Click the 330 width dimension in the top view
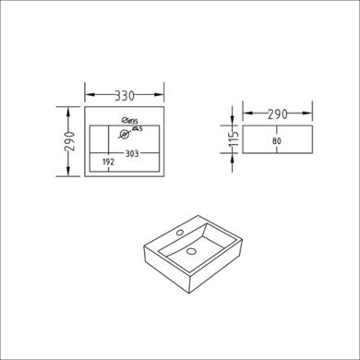[x=125, y=93]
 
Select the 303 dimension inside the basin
[x=132, y=154]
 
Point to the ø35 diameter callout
[x=132, y=120]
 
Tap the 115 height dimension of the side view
[x=234, y=140]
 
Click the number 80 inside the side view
[x=276, y=141]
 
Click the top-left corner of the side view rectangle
[x=244, y=126]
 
